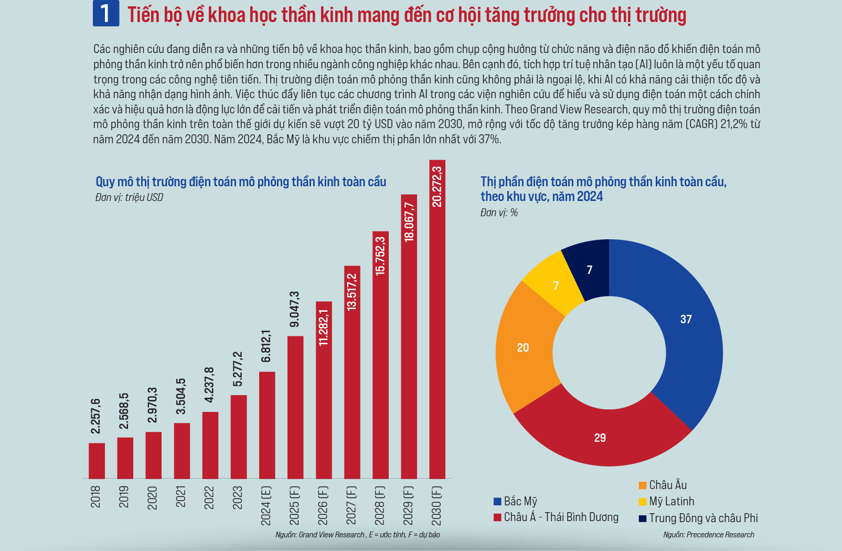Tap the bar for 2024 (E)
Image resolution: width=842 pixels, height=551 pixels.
pyautogui.click(x=267, y=425)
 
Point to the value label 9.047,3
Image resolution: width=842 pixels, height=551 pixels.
pyautogui.click(x=295, y=309)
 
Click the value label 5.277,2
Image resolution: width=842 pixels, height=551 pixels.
pyautogui.click(x=238, y=369)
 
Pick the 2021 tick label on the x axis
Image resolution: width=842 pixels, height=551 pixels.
pyautogui.click(x=181, y=496)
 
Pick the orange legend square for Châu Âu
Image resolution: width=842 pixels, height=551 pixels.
pyautogui.click(x=643, y=485)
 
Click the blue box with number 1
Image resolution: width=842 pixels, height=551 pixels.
pyautogui.click(x=105, y=14)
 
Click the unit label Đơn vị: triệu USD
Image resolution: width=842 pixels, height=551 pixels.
pyautogui.click(x=130, y=197)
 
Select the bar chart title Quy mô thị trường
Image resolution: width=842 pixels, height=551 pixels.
pyautogui.click(x=241, y=182)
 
